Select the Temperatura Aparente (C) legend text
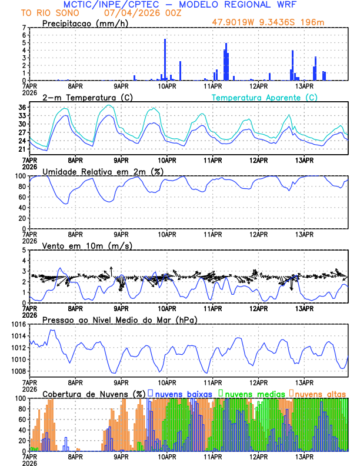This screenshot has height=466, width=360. pyautogui.click(x=264, y=97)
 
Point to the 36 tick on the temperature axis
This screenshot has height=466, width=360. pyautogui.click(x=22, y=108)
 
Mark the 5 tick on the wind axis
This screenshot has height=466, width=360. pyautogui.click(x=25, y=250)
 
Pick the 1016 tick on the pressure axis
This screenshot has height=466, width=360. pyautogui.click(x=19, y=324)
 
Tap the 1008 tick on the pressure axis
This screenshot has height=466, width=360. pyautogui.click(x=19, y=371)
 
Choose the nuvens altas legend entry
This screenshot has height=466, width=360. pyautogui.click(x=318, y=392)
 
